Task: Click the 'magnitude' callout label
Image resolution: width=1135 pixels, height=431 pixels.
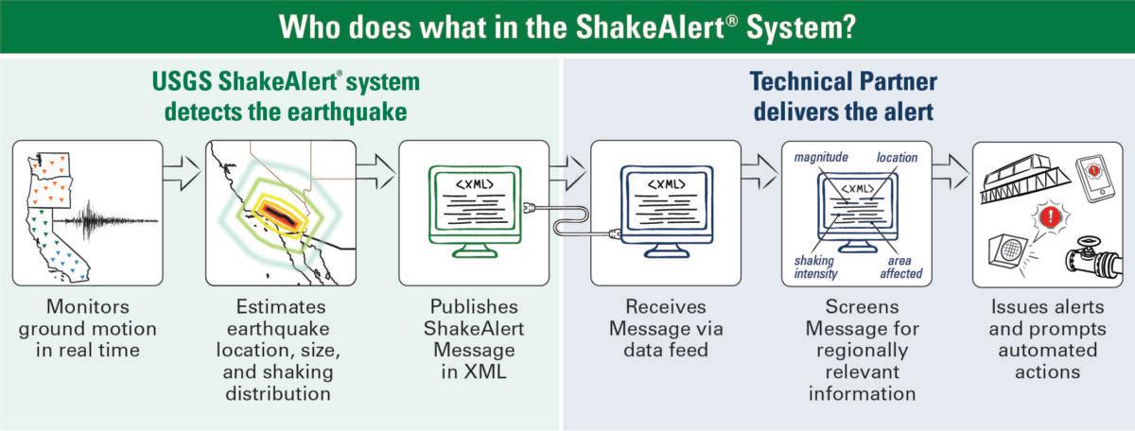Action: pyautogui.click(x=821, y=158)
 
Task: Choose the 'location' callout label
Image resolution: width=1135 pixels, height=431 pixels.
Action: pyautogui.click(x=896, y=158)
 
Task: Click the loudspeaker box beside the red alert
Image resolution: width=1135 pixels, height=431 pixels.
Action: pyautogui.click(x=1008, y=251)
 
